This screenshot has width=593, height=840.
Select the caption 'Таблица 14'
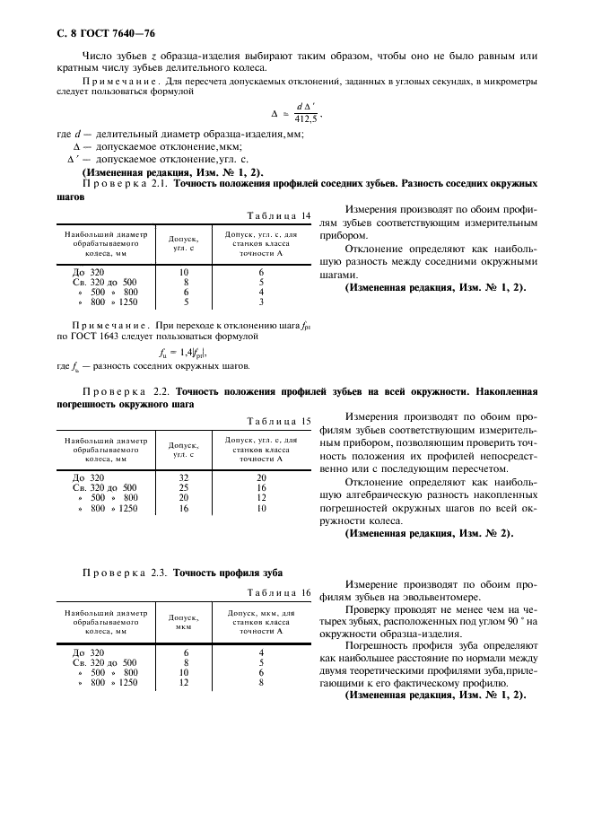pyautogui.click(x=280, y=215)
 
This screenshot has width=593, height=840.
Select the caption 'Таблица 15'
pyautogui.click(x=280, y=420)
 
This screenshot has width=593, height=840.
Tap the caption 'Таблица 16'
pyautogui.click(x=280, y=592)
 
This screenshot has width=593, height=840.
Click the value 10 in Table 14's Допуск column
pyautogui.click(x=184, y=271)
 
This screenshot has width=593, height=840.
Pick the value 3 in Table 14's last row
pyautogui.click(x=261, y=302)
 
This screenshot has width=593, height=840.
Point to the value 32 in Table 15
pyautogui.click(x=184, y=477)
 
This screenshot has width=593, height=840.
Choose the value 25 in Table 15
pyautogui.click(x=184, y=487)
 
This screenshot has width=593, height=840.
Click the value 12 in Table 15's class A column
pyautogui.click(x=261, y=497)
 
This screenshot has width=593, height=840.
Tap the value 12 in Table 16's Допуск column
pyautogui.click(x=185, y=682)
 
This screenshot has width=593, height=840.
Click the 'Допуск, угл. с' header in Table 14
pyautogui.click(x=184, y=242)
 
